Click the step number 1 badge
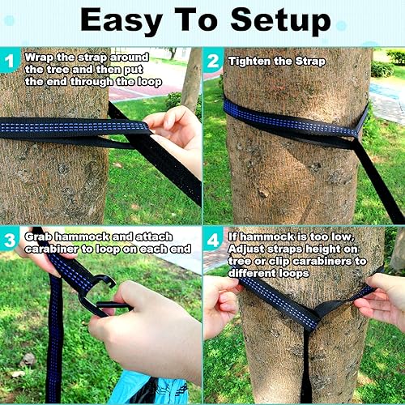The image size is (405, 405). [x=11, y=61]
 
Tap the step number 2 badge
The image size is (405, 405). [x=212, y=61]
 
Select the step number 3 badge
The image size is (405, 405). [x=11, y=240]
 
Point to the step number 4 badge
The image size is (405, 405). [x=212, y=240]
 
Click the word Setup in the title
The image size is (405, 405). [x=281, y=23]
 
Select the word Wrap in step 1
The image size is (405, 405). [x=39, y=58]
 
